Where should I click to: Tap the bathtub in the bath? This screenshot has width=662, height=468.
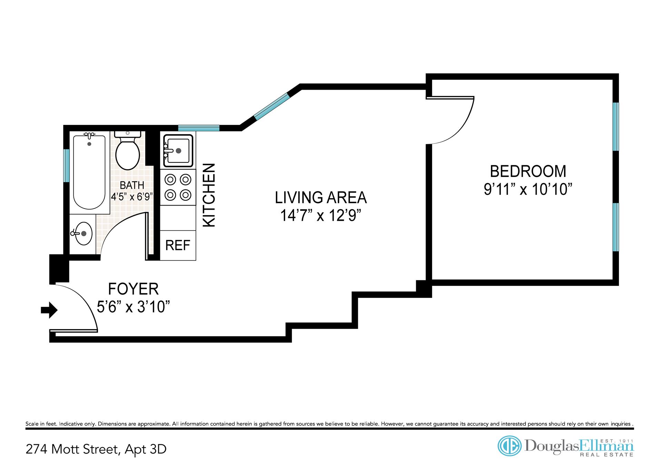(89, 172)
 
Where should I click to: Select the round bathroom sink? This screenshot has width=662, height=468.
(83, 233)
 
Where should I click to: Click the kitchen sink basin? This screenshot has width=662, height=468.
(178, 151)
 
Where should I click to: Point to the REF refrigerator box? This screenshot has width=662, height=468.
(178, 245)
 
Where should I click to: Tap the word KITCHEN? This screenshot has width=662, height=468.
(209, 195)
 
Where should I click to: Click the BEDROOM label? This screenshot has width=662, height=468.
(528, 171)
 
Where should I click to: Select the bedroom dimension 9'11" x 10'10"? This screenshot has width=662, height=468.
(528, 189)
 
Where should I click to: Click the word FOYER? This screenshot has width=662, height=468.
(133, 289)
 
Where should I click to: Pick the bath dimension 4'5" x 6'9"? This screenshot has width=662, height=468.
(132, 197)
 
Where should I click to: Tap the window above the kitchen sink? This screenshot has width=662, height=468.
(199, 128)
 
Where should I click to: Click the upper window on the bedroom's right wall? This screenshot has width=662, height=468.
(616, 127)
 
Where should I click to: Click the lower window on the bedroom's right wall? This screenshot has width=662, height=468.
(616, 227)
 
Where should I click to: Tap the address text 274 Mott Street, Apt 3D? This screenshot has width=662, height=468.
(96, 449)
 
